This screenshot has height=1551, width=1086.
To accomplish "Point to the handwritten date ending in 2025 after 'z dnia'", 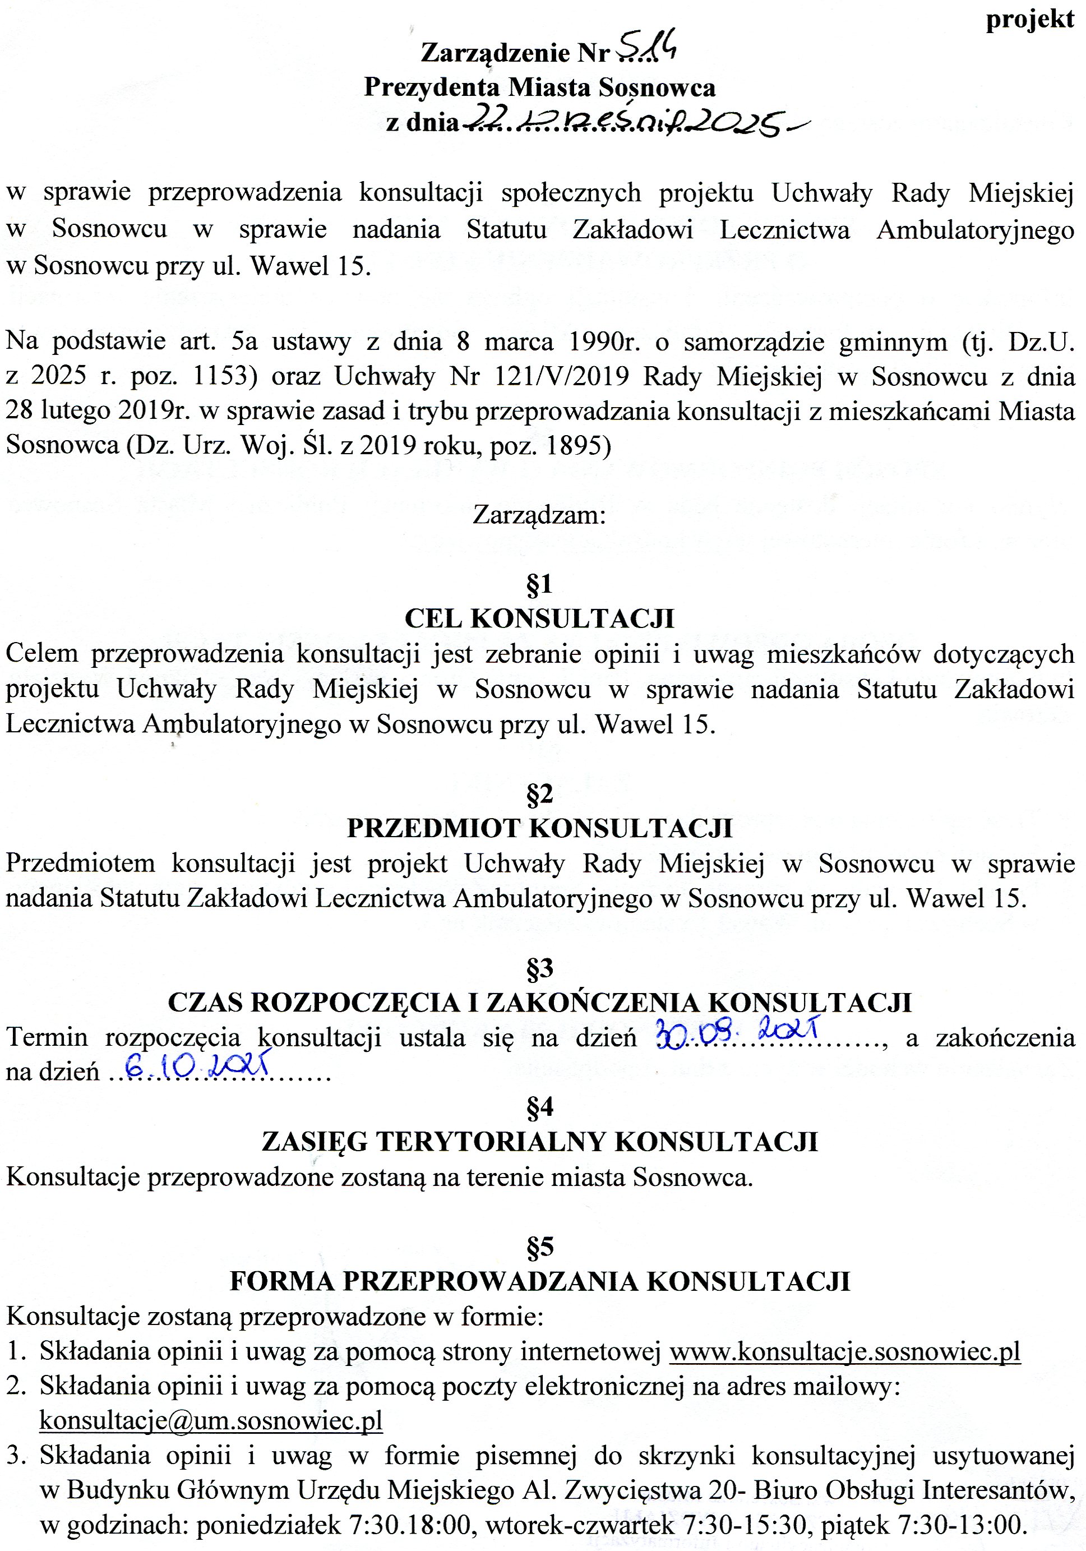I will click(x=628, y=122).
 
